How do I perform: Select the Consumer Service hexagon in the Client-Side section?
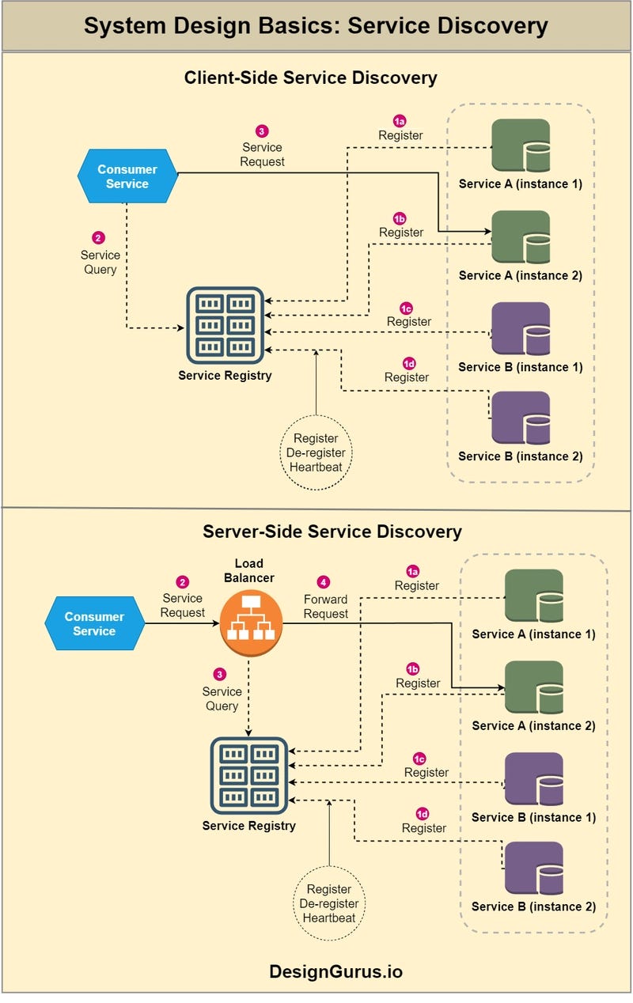coord(127,176)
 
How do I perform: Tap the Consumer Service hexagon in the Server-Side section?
coord(94,624)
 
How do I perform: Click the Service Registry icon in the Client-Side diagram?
coord(225,325)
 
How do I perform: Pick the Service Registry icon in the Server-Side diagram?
coord(248,776)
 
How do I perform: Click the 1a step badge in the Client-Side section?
coord(400,121)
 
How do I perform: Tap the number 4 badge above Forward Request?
coord(324,582)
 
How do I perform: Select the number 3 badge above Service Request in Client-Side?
coord(262,131)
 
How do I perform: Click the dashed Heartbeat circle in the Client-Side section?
coord(316,452)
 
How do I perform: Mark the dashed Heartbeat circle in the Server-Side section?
coord(329,904)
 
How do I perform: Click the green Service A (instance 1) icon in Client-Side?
coord(520,146)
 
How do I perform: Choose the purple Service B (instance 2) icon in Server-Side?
coord(534,869)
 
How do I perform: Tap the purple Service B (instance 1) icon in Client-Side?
coord(520,329)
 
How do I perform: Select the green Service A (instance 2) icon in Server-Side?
coord(534,687)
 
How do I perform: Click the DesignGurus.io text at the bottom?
coord(335,971)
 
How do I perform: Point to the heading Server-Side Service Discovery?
coord(332,531)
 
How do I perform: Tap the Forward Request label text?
coord(325,607)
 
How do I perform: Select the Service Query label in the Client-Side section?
coord(100,262)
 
